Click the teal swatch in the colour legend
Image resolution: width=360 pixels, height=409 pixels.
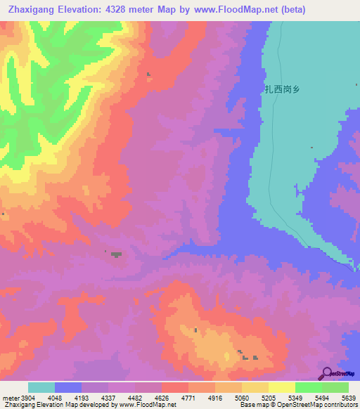[41, 387]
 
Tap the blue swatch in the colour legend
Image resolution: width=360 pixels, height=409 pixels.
[68, 387]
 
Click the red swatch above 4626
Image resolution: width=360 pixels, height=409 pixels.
[174, 387]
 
